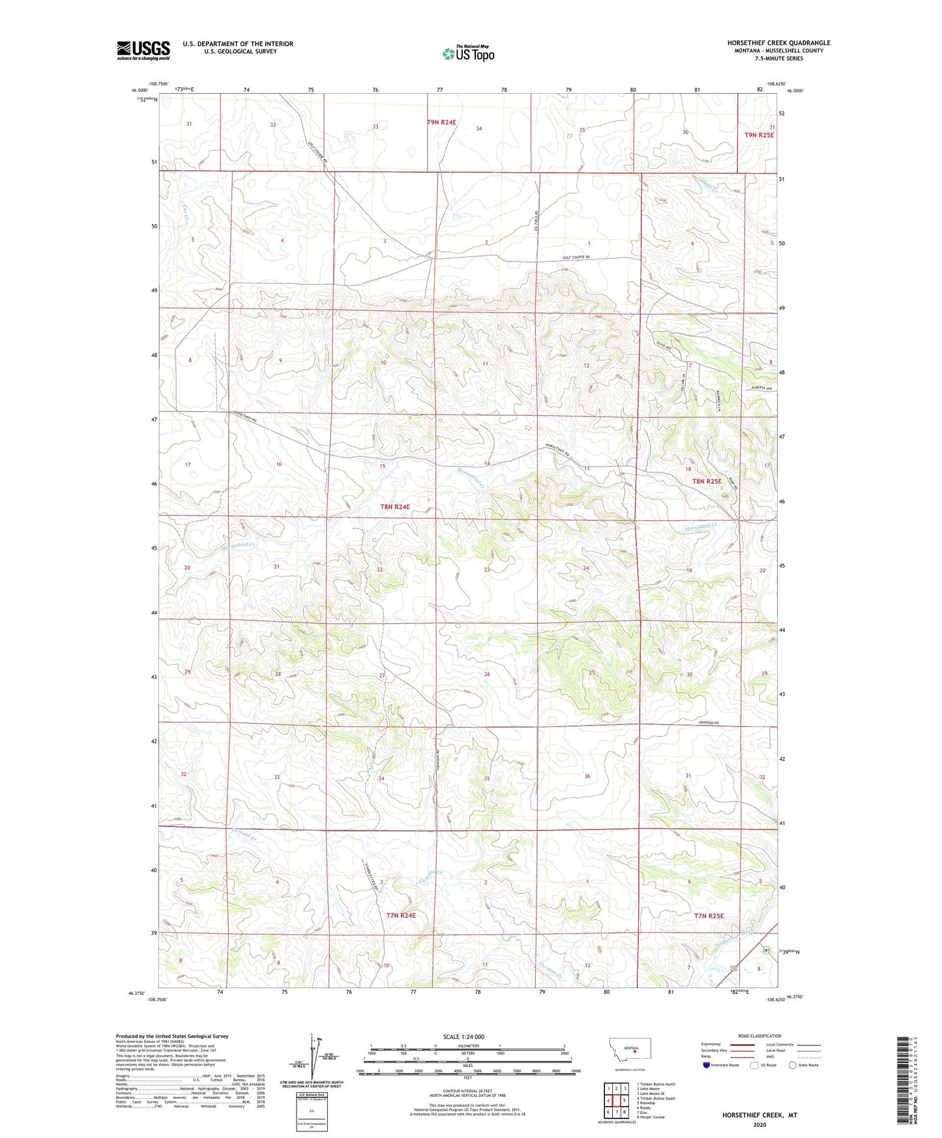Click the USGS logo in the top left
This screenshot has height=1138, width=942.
143,50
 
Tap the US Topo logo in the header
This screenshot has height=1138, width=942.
468,53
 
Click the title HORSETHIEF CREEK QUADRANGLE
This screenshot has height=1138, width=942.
778,43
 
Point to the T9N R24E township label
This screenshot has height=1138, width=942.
441,122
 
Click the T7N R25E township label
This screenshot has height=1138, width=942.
709,916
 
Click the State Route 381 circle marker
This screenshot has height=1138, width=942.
767,951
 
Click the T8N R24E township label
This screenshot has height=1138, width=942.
395,506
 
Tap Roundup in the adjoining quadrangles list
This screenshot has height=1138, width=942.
646,1103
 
